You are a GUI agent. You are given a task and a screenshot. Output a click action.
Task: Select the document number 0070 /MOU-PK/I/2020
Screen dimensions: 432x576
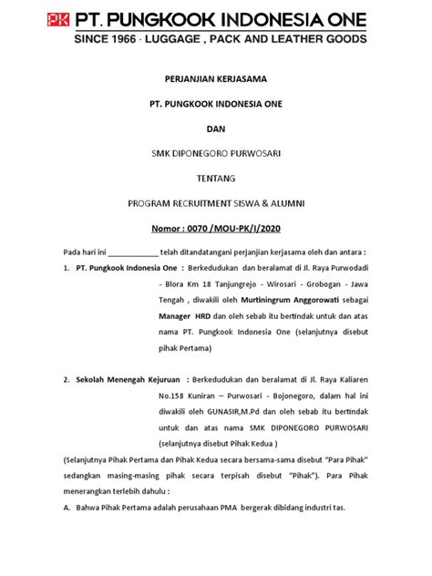point(227,228)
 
